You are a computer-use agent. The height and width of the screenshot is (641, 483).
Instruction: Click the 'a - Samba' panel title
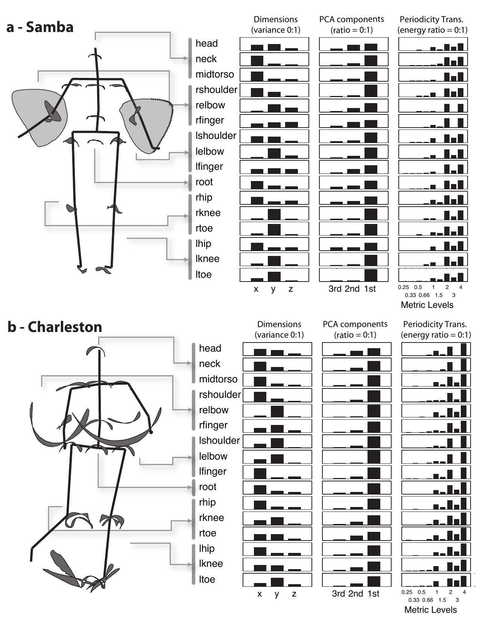tap(40, 27)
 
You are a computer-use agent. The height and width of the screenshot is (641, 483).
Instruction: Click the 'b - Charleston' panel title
tap(55, 327)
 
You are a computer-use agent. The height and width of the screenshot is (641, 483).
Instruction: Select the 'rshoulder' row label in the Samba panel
tap(216, 90)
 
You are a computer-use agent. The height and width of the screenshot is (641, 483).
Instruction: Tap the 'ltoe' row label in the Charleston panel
tap(207, 579)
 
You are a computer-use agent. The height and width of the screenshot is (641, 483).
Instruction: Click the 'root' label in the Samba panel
tap(204, 182)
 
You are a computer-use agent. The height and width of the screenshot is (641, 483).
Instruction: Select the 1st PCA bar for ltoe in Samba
tap(371, 275)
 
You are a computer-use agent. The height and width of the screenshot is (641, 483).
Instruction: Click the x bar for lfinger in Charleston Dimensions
tap(260, 473)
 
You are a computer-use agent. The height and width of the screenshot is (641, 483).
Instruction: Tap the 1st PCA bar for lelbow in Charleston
tap(374, 457)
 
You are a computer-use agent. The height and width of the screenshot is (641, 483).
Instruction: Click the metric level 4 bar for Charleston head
tap(463, 349)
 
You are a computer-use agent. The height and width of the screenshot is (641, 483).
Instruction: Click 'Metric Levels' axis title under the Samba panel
tap(427, 305)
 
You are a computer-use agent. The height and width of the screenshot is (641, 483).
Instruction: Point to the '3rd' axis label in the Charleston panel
tap(338, 594)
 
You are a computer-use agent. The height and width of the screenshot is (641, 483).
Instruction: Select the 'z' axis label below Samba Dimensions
tap(291, 289)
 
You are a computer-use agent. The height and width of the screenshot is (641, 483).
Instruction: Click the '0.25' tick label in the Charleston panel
tap(407, 592)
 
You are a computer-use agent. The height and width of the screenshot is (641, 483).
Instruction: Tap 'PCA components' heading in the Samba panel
tap(352, 19)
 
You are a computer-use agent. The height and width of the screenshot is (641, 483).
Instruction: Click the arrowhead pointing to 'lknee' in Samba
tap(186, 259)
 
